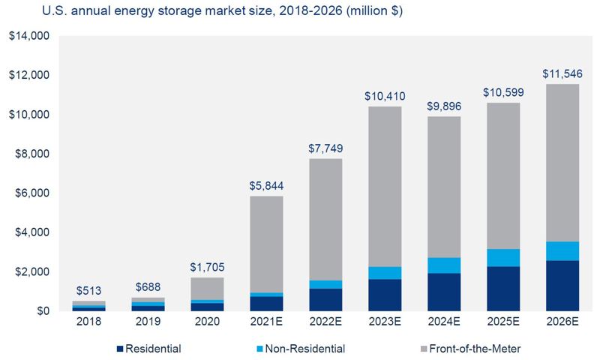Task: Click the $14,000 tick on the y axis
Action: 28,37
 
